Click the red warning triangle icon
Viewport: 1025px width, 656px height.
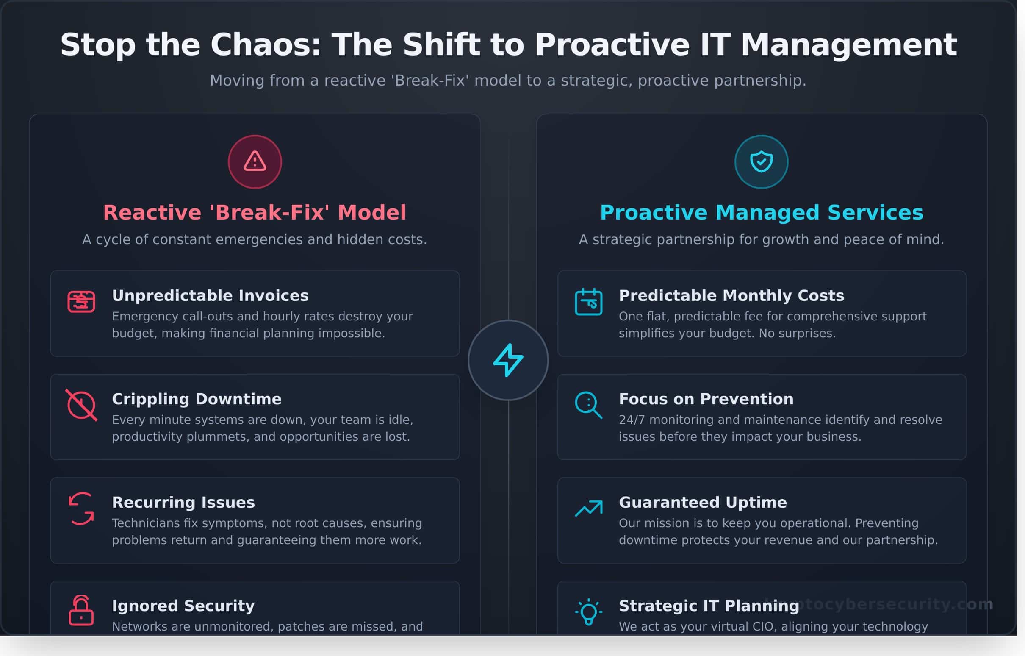255,162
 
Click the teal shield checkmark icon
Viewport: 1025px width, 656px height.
761,162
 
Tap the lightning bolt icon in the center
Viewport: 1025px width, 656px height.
508,360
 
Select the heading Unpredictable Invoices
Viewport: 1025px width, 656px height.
210,296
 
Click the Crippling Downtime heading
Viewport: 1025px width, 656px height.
197,399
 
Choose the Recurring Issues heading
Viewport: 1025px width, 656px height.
183,503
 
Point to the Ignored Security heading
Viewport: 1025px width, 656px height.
183,606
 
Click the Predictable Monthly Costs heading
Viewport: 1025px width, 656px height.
731,296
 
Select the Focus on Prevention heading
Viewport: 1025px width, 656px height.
706,399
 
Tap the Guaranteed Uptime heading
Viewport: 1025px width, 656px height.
703,503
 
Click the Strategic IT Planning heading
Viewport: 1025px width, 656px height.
709,606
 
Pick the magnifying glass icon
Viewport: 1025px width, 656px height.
588,405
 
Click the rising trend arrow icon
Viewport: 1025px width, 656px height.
589,508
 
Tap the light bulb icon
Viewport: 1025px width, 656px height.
589,612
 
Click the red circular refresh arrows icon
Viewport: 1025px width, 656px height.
81,509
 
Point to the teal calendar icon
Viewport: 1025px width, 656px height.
589,302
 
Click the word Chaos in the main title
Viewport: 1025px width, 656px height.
266,45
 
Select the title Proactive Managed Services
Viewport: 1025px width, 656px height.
762,213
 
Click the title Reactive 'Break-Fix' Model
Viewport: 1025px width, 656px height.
255,213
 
